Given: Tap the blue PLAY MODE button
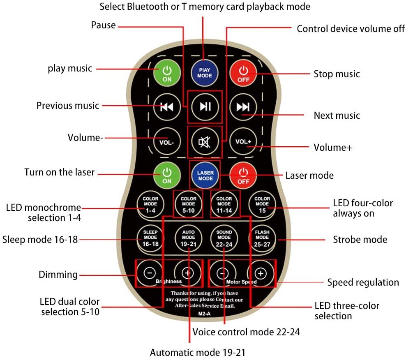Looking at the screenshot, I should tap(205, 73).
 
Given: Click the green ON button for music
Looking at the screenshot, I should tap(167, 73).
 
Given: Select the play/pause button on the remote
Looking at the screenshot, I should tap(205, 106).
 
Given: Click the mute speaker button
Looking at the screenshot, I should tap(204, 142).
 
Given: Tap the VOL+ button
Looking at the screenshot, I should tap(243, 142).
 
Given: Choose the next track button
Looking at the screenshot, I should tap(243, 107).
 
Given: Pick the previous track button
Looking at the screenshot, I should tap(166, 107).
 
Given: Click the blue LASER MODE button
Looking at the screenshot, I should tap(205, 175).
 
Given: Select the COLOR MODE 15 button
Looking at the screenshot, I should tap(262, 203).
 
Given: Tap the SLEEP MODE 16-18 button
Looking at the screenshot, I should tap(150, 238).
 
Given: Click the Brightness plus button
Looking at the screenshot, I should tap(187, 272).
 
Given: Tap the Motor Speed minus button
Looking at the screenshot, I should tap(223, 273).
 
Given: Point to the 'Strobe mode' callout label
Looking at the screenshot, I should tap(360, 239).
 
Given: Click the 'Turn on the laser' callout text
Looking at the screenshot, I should tap(60, 172).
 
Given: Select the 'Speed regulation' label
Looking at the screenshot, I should tap(363, 282).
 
